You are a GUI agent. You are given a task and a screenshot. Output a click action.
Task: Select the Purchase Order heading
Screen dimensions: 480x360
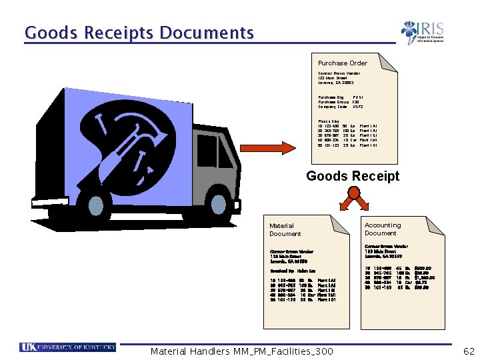(x=343, y=63)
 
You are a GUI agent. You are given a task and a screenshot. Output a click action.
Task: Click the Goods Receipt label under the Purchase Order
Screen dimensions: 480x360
(x=353, y=176)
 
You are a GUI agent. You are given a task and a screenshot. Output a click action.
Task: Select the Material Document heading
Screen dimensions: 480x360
(x=285, y=230)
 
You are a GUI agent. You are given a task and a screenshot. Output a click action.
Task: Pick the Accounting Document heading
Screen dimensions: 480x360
(x=383, y=229)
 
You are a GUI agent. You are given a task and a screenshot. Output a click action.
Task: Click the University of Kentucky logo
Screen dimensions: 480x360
(x=68, y=347)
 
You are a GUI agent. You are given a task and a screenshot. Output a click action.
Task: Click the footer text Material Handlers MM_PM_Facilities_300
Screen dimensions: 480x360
(x=242, y=351)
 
